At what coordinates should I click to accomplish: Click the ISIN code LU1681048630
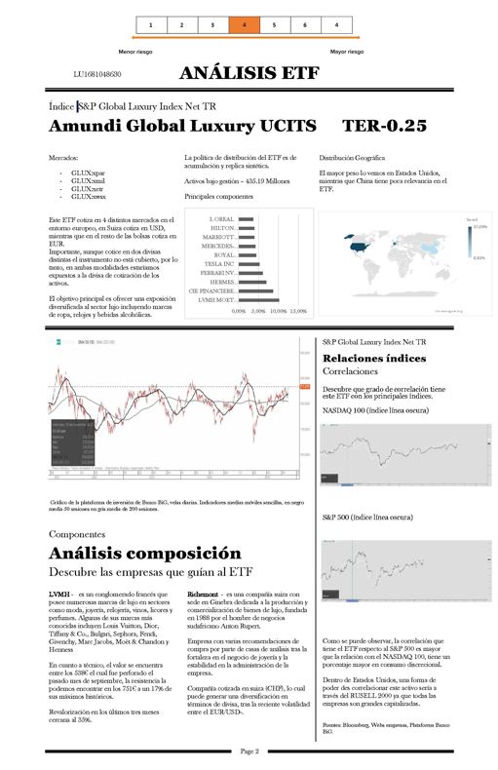tap(97, 74)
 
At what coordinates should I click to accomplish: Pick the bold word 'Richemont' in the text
tap(202, 594)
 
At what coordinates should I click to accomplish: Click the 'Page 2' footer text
tap(249, 751)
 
